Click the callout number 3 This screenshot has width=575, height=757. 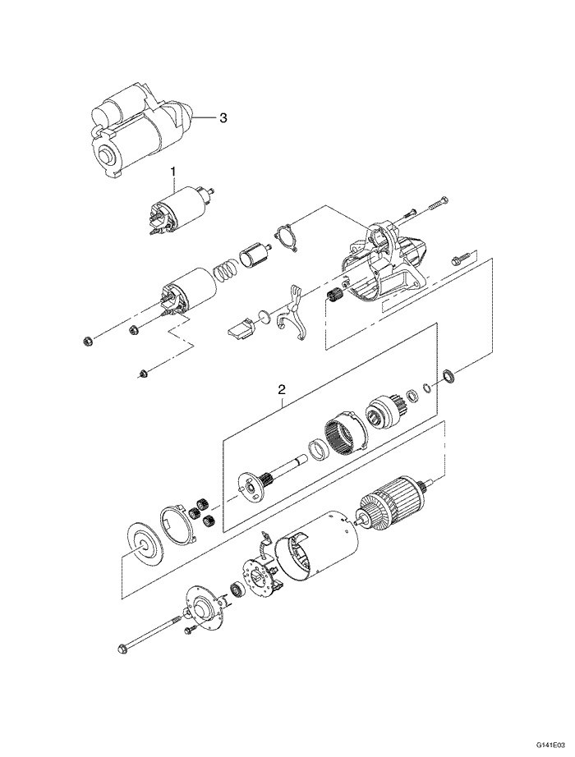click(223, 117)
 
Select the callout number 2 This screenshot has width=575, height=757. click(281, 388)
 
